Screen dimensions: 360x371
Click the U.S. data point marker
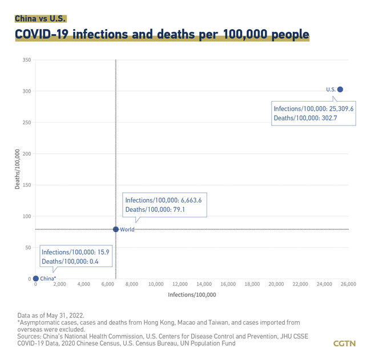[340, 89]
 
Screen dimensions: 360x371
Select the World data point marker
[116, 229]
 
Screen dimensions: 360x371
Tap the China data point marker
[36, 278]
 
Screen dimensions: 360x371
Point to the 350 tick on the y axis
[27, 60]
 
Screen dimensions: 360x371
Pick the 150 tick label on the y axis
[27, 185]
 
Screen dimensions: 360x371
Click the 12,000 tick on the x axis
[180, 284]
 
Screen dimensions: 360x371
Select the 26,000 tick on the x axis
[348, 284]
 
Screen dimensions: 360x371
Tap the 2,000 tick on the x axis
[59, 284]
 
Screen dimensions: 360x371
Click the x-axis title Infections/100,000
[192, 294]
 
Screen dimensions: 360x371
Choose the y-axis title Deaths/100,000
[18, 169]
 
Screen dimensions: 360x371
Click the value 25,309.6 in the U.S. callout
[339, 108]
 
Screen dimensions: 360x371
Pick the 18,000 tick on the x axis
[252, 284]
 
